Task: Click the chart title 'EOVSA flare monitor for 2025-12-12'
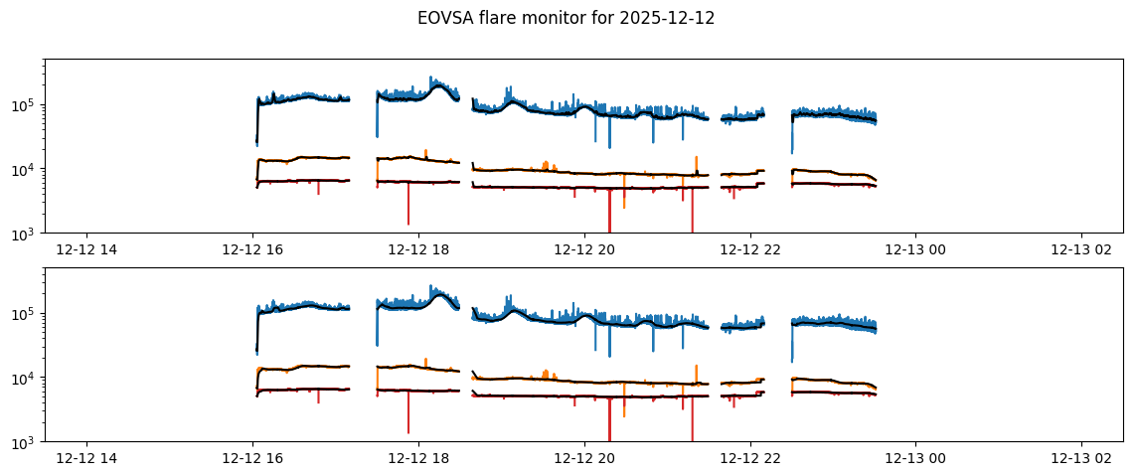coord(566,18)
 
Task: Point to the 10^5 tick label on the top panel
coord(26,106)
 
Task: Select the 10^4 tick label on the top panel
coord(26,170)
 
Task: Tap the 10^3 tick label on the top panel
coord(26,234)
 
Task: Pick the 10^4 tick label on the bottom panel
coord(26,379)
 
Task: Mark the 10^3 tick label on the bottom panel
coord(26,442)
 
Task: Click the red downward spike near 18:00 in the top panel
coord(408,209)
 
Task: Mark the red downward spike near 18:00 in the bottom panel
coord(408,417)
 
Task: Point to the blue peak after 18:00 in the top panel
coord(431,79)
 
